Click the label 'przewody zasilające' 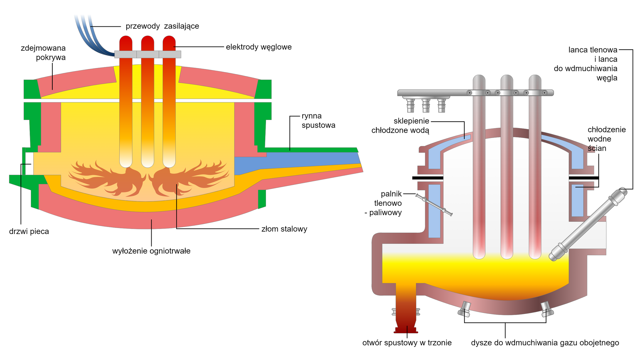(x=162, y=26)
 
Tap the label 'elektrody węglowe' (x=259, y=47)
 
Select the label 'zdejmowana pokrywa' (x=43, y=53)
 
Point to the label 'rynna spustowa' (x=318, y=121)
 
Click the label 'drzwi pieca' (x=29, y=231)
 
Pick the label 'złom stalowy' (x=284, y=229)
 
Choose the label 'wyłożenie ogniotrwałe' (x=151, y=251)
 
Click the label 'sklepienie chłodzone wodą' (x=400, y=126)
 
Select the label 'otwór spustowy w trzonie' (x=407, y=343)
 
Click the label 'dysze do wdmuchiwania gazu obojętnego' (x=545, y=343)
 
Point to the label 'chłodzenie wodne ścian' (x=606, y=139)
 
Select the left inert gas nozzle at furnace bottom (x=465, y=309)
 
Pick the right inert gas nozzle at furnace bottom (x=547, y=309)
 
